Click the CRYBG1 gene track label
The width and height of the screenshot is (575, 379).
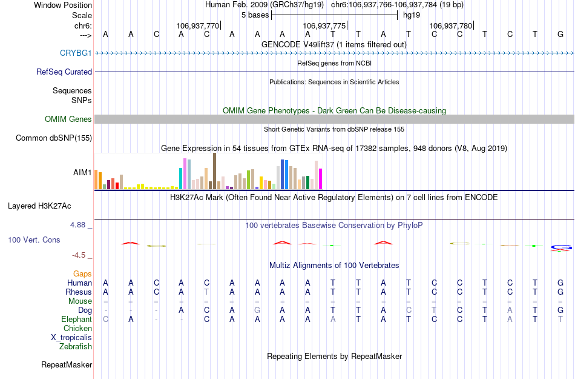point(76,53)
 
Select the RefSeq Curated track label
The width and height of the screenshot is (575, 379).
point(64,72)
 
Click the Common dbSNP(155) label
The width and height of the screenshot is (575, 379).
point(54,138)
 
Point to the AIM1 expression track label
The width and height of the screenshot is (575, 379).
point(82,173)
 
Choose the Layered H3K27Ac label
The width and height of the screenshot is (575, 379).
point(50,206)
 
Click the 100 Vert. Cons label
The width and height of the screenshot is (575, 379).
point(34,240)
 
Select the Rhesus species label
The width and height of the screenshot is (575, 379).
point(78,292)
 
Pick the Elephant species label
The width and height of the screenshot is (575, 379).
point(76,320)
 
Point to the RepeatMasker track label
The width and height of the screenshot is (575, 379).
point(67,365)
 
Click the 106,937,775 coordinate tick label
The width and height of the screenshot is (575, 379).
point(324,26)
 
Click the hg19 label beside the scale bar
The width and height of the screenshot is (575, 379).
point(412,15)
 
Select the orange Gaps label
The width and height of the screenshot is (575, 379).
point(82,274)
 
